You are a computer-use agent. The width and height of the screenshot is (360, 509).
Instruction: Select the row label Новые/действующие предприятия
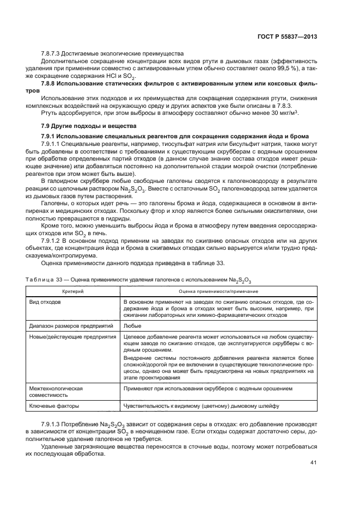pos(68,336)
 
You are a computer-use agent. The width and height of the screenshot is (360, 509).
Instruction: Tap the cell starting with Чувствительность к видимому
pos(201,406)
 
